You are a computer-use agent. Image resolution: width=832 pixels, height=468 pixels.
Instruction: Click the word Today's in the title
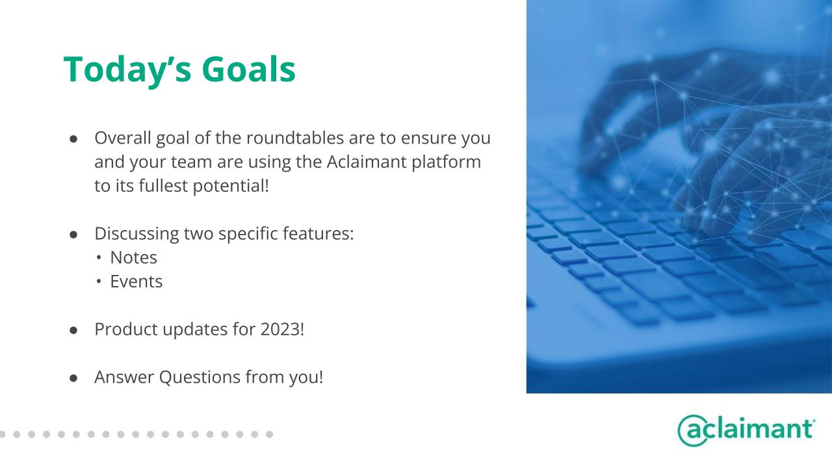(x=128, y=70)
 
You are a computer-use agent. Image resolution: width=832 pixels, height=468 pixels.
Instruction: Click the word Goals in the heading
(x=248, y=69)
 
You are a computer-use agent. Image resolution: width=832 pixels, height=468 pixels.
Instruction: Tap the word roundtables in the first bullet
(x=295, y=138)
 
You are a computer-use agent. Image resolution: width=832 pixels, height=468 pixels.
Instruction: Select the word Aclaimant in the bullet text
(x=367, y=162)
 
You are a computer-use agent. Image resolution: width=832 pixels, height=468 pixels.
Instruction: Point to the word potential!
(x=231, y=186)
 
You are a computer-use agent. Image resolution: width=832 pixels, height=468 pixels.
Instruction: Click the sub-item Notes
(x=134, y=257)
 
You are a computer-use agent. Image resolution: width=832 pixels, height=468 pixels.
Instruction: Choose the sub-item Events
(x=136, y=281)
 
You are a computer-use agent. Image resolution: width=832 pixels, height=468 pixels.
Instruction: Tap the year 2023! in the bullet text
(x=282, y=329)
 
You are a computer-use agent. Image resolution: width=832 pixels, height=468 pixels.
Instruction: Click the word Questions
(x=200, y=378)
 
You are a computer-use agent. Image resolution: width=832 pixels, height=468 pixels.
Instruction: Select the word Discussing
(x=136, y=234)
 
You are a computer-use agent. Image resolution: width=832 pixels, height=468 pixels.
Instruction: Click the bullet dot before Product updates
(x=73, y=330)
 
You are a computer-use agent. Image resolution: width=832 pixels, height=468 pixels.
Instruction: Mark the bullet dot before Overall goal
(x=73, y=139)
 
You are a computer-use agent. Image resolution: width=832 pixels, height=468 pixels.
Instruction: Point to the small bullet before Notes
(x=98, y=258)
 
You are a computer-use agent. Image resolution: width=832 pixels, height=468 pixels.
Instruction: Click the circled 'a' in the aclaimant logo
(x=693, y=430)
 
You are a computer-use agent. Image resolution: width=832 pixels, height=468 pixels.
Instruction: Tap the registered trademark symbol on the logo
(x=814, y=421)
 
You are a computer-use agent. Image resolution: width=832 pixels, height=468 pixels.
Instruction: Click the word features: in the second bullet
(x=318, y=233)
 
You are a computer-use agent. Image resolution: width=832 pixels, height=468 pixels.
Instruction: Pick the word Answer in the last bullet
(x=124, y=377)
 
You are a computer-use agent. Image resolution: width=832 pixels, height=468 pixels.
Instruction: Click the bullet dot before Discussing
(x=73, y=235)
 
